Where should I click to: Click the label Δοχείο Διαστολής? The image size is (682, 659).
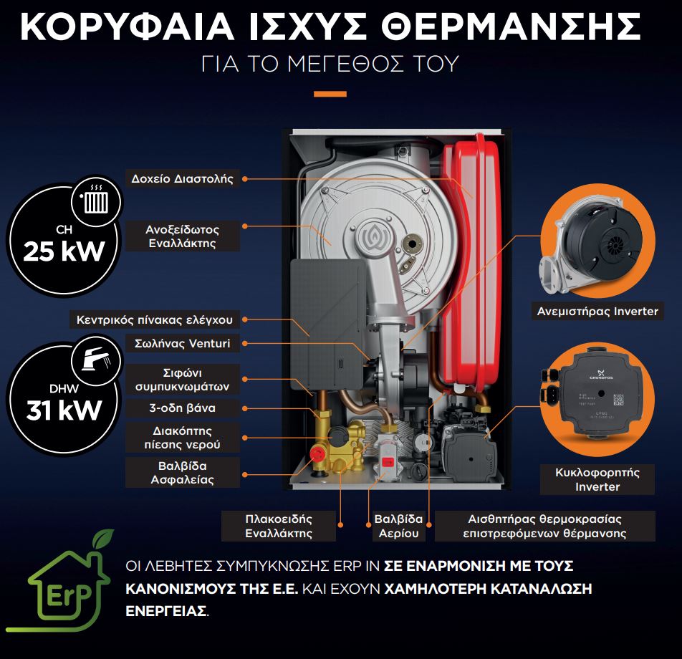tap(182, 179)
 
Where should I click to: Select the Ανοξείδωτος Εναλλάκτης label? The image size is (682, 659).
tap(182, 236)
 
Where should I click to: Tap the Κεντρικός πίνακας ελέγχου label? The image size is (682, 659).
tap(155, 320)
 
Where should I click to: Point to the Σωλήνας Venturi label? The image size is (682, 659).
tap(182, 344)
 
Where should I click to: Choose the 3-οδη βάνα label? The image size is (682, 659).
tap(182, 408)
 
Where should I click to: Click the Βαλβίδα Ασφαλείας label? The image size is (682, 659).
tap(182, 473)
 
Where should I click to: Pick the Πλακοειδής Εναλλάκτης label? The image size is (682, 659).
tap(279, 526)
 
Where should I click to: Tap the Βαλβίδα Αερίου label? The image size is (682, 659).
tap(398, 526)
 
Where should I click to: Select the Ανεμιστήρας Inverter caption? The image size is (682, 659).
tap(597, 312)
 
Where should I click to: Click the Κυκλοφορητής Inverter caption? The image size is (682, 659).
tap(597, 479)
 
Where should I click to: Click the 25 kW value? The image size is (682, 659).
tap(64, 251)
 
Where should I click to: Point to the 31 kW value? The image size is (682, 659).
tap(64, 410)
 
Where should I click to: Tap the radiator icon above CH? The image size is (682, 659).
tap(96, 201)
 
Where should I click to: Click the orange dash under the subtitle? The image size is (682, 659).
tap(330, 94)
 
